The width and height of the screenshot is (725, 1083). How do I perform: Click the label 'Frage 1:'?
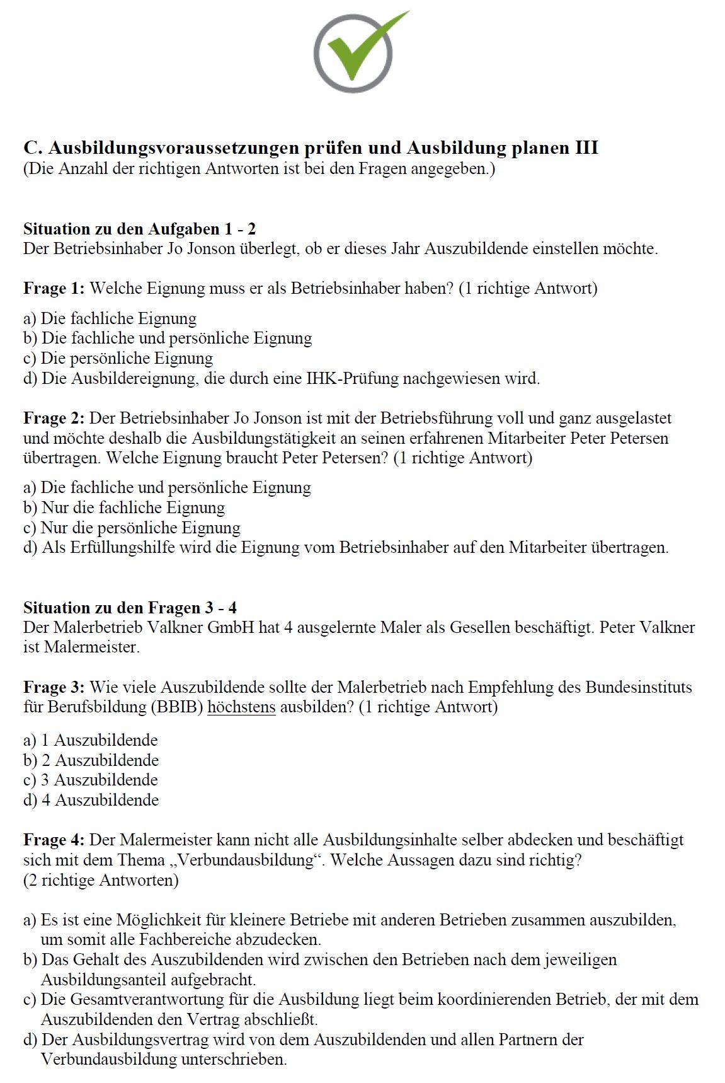pyautogui.click(x=54, y=289)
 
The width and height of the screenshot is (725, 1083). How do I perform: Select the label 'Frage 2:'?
pyautogui.click(x=54, y=418)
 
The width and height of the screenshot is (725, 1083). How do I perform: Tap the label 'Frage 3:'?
pyautogui.click(x=54, y=687)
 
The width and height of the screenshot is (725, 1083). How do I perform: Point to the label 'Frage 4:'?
pyautogui.click(x=54, y=840)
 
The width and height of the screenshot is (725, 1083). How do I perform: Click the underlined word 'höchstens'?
pyautogui.click(x=241, y=707)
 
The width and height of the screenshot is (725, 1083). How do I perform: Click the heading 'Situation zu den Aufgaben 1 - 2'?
pyautogui.click(x=139, y=229)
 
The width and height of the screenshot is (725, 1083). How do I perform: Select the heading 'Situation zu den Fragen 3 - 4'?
pyautogui.click(x=130, y=608)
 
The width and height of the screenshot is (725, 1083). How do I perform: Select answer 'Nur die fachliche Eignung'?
pyautogui.click(x=132, y=507)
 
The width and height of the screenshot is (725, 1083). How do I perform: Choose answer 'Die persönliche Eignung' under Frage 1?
pyautogui.click(x=126, y=359)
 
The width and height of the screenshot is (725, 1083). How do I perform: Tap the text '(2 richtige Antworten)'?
pyautogui.click(x=101, y=880)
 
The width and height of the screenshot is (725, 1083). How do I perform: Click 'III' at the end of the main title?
pyautogui.click(x=585, y=148)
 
